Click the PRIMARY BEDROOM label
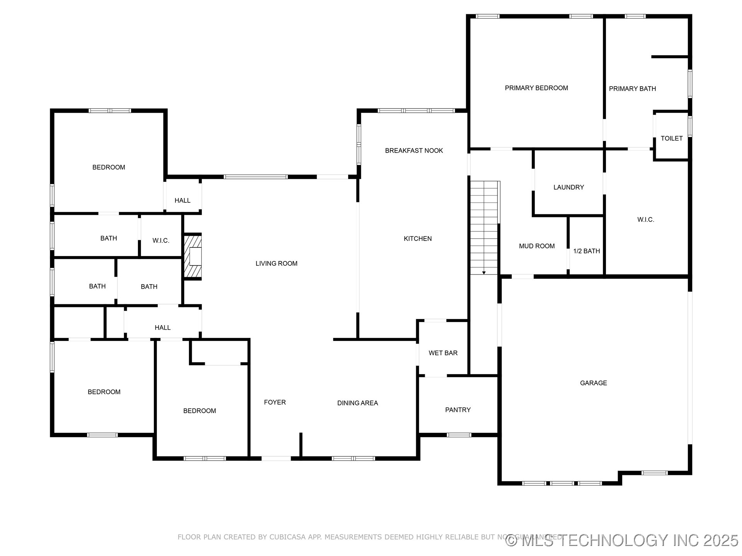[x=536, y=88]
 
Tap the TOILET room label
[x=671, y=138]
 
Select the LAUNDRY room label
[x=568, y=187]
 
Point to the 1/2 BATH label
[x=586, y=251]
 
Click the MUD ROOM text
[x=536, y=246]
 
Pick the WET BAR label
[x=443, y=353]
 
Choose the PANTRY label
[x=458, y=410]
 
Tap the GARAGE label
[x=593, y=383]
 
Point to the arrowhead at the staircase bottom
[x=483, y=273]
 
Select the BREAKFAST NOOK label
[x=414, y=151]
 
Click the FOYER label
[x=275, y=402]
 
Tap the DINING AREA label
[x=357, y=403]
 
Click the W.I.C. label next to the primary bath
[x=645, y=220]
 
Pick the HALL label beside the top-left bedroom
[x=182, y=200]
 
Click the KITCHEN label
[x=417, y=239]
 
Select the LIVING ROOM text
[x=276, y=263]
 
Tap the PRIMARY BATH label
[x=632, y=89]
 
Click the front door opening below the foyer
[x=276, y=458]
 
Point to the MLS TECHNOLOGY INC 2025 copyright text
[x=622, y=540]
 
